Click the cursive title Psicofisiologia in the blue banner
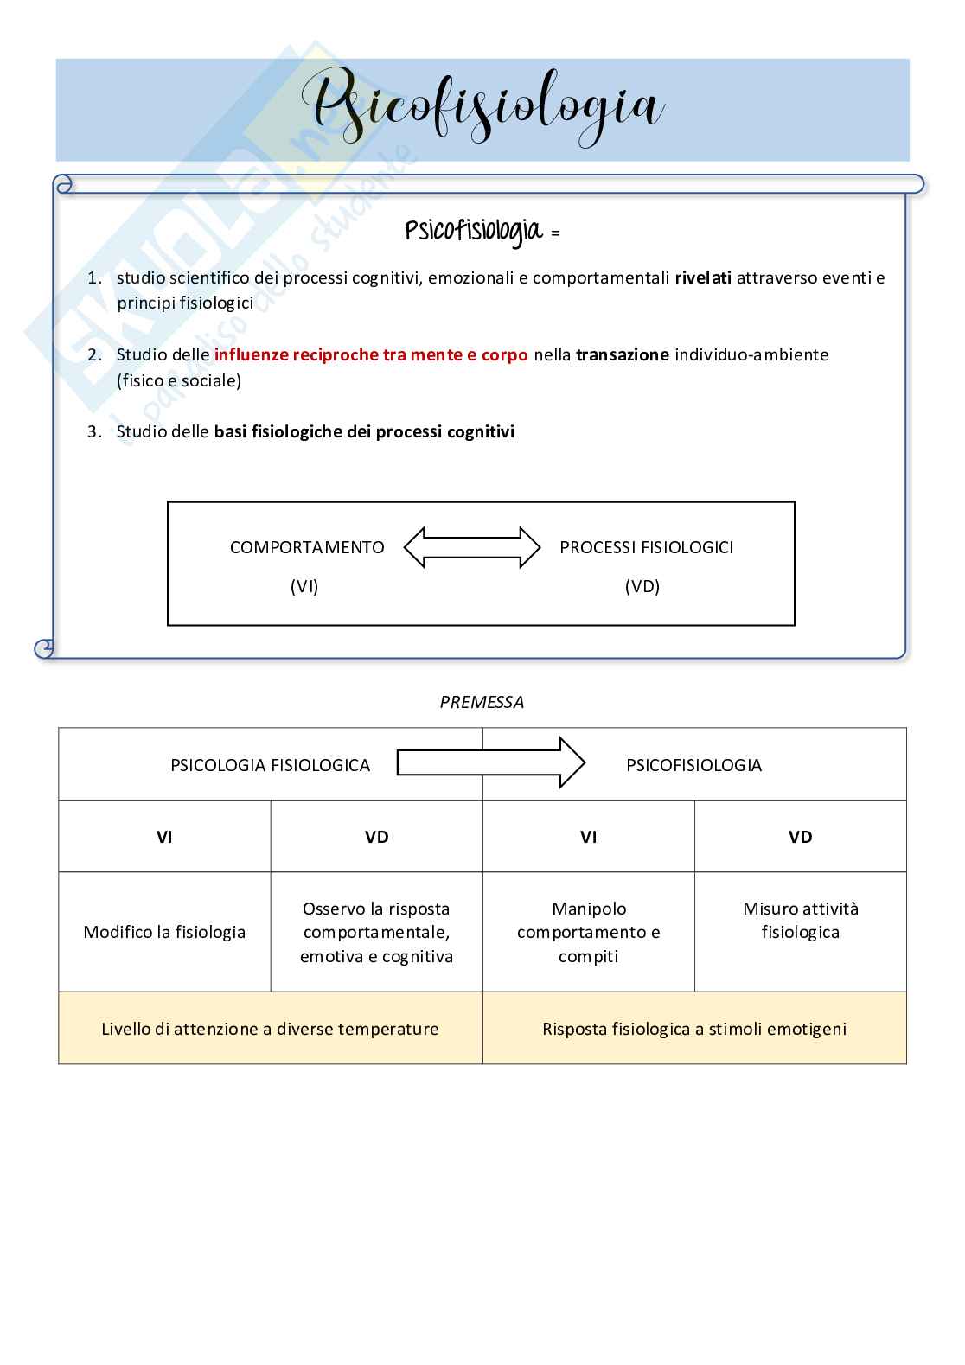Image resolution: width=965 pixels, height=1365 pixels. pyautogui.click(x=482, y=108)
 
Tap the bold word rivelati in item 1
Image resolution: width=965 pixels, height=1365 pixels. pyautogui.click(x=702, y=277)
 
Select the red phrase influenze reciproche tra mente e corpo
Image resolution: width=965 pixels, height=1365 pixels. pyautogui.click(x=370, y=354)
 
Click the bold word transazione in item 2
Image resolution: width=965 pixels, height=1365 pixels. pyautogui.click(x=622, y=354)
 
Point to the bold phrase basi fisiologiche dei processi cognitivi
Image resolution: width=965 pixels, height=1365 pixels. pyautogui.click(x=364, y=431)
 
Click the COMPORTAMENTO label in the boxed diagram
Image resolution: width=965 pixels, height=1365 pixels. pyautogui.click(x=307, y=547)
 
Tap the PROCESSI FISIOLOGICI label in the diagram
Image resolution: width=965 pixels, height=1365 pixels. pyautogui.click(x=646, y=547)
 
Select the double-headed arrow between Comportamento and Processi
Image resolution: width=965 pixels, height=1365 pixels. pyautogui.click(x=472, y=547)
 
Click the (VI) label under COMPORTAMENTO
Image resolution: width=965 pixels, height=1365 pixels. pyautogui.click(x=304, y=586)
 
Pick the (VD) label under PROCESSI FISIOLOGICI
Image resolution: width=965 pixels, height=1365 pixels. pyautogui.click(x=642, y=586)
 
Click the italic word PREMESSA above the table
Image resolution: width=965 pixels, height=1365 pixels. pyautogui.click(x=482, y=702)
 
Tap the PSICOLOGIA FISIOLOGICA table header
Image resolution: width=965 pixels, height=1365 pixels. pyautogui.click(x=270, y=765)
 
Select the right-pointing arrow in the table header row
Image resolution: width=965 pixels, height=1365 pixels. pyautogui.click(x=490, y=762)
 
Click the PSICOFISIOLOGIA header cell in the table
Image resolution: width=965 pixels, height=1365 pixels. pyautogui.click(x=693, y=765)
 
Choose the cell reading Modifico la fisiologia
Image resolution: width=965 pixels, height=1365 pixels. pyautogui.click(x=164, y=932)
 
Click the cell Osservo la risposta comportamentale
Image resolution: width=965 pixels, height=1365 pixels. pyautogui.click(x=376, y=932)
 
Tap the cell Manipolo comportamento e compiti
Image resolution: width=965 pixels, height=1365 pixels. pyautogui.click(x=588, y=932)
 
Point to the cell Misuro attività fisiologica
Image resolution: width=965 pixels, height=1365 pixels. pyautogui.click(x=800, y=920)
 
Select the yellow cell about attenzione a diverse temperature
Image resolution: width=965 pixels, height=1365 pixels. pyautogui.click(x=270, y=1029)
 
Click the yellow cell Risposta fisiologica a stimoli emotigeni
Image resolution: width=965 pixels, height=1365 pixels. pyautogui.click(x=693, y=1029)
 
